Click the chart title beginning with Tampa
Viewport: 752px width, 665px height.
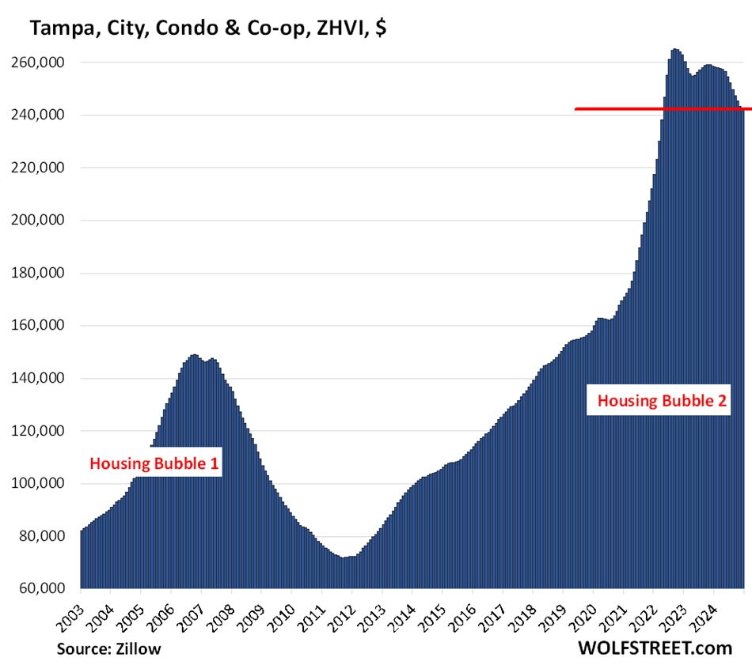[209, 28]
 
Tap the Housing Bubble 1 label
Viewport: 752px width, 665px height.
[154, 463]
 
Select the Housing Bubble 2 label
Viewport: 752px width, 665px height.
[662, 401]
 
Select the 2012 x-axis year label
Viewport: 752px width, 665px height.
[340, 610]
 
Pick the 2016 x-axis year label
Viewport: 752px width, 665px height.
[461, 610]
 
